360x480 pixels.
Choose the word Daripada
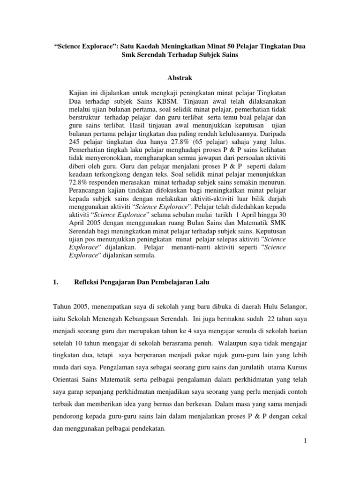[271, 133]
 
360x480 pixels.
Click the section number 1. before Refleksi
[55, 282]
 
